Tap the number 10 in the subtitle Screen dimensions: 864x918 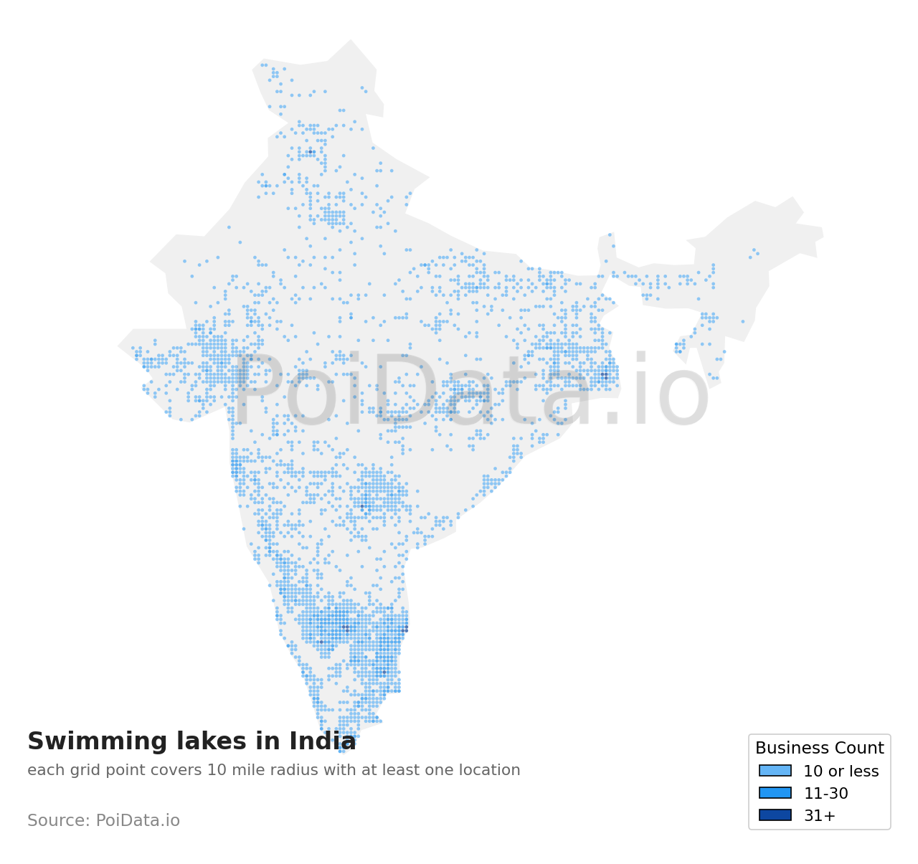217,771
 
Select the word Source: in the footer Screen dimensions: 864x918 59,821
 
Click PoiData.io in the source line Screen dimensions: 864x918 138,821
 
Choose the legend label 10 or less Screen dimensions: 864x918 841,772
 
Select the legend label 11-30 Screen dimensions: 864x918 825,794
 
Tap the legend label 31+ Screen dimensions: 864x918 820,816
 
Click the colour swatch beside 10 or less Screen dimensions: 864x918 775,771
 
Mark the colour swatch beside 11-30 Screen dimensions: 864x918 775,793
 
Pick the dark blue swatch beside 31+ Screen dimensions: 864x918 775,815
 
